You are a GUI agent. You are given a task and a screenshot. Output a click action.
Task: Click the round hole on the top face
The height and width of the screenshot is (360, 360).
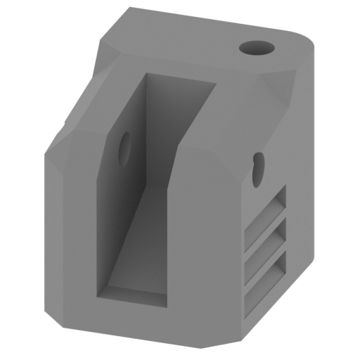(255, 49)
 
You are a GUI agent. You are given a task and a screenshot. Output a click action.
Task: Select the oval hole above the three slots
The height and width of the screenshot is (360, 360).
(259, 166)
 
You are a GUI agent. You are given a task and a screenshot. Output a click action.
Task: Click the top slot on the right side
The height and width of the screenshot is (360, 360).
(267, 214)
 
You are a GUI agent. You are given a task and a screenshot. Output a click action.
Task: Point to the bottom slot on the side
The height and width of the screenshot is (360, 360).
(267, 274)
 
